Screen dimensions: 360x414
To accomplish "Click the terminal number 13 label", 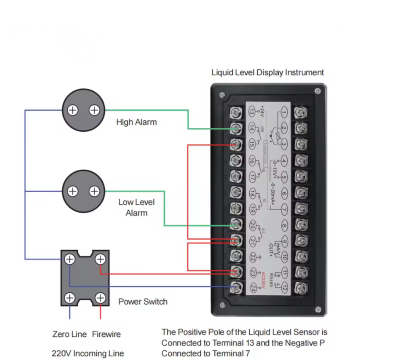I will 252,112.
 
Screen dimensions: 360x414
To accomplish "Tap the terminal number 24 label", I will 253,288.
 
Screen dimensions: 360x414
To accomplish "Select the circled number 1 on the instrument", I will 284,112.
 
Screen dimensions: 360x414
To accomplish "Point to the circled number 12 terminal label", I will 284,288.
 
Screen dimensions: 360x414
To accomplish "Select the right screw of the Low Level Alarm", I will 94,191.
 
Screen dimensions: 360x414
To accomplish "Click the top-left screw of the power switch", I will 70,259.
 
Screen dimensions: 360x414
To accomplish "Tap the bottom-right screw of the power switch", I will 101,299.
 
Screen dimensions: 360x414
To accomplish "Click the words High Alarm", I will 136,122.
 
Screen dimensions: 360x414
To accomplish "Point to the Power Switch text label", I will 143,302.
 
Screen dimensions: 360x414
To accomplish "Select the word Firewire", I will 106,335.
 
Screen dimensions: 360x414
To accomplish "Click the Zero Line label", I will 69,335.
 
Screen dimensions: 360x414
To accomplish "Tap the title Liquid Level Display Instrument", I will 267,72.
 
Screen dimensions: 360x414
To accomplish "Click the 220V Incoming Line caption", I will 88,353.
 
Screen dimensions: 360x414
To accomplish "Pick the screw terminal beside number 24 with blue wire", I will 236,288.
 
